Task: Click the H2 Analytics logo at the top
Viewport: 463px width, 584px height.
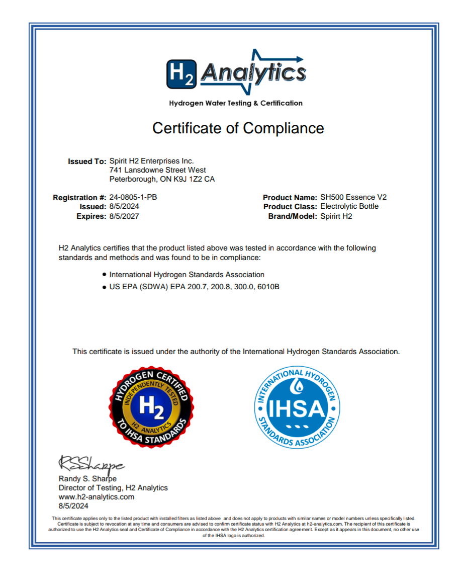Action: click(x=236, y=73)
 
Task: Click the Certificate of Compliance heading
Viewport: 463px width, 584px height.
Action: click(x=238, y=128)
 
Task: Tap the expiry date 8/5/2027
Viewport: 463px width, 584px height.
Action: click(x=124, y=216)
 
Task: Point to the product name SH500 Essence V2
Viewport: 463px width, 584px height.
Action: click(x=353, y=198)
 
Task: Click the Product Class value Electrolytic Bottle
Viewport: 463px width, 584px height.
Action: click(x=349, y=207)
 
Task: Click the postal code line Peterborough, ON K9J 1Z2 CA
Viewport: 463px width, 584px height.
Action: click(x=162, y=179)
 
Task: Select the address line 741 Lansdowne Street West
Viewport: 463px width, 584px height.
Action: click(x=157, y=170)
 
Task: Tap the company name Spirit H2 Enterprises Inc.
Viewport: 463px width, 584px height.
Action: click(x=151, y=161)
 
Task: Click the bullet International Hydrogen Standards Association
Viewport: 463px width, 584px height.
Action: click(x=187, y=275)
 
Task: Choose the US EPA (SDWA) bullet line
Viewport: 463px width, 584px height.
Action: click(x=194, y=287)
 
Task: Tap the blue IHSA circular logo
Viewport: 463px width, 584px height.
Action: click(x=297, y=408)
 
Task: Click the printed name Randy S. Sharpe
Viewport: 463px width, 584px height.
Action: click(x=87, y=479)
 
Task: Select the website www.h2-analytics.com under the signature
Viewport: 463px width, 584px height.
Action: click(x=97, y=497)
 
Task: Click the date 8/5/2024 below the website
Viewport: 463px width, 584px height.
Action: click(x=74, y=506)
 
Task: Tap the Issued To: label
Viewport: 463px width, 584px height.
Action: click(x=87, y=161)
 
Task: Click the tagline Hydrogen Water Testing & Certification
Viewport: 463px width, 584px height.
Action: click(x=236, y=103)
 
